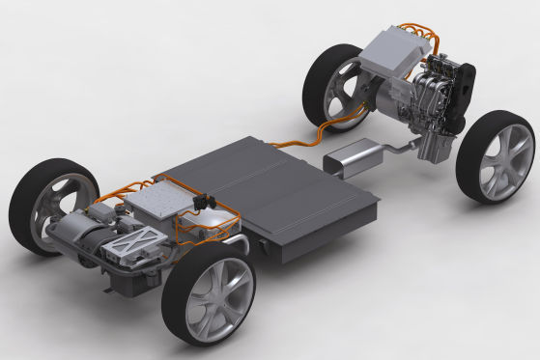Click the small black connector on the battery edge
[202, 201]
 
